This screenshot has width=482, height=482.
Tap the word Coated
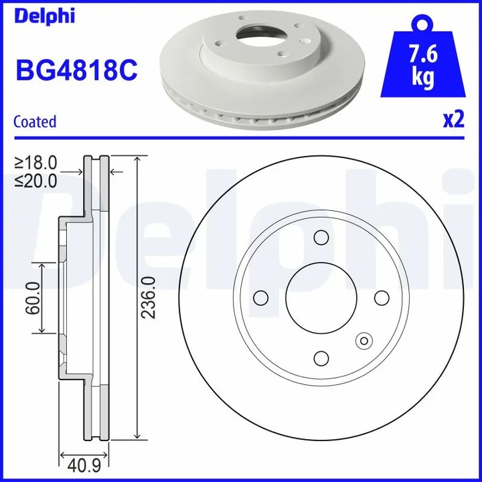(x=35, y=122)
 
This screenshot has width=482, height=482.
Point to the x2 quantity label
(x=453, y=120)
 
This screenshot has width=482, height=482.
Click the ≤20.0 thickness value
(x=36, y=179)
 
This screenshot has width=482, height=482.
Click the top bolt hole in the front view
(x=321, y=238)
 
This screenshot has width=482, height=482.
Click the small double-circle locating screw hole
(x=365, y=341)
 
